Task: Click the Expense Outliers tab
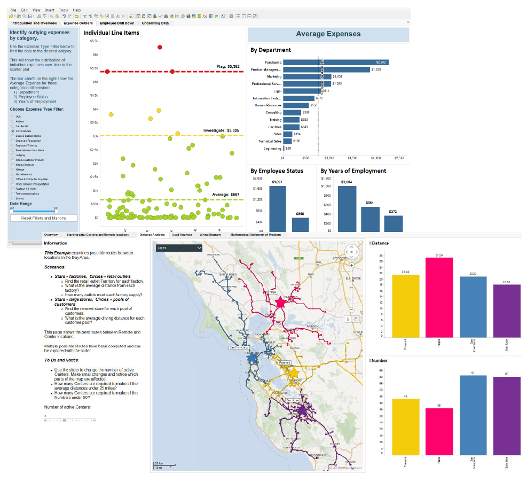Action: (x=78, y=24)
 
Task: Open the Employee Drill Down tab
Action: (x=117, y=24)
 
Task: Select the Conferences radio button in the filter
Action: (x=13, y=131)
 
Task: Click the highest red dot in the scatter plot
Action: (x=160, y=48)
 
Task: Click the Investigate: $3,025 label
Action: (x=221, y=130)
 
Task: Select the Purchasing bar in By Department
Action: (x=335, y=63)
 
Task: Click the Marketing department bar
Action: (x=306, y=76)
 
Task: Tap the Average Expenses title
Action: (x=328, y=34)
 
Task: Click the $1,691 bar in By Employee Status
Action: (x=277, y=208)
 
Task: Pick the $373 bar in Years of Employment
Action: (x=393, y=223)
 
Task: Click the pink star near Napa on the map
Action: (x=280, y=302)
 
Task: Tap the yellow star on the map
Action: (x=293, y=373)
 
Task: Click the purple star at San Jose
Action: (x=302, y=410)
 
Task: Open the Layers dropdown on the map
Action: (x=179, y=248)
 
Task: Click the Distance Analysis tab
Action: (x=152, y=235)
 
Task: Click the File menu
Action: (x=13, y=10)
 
